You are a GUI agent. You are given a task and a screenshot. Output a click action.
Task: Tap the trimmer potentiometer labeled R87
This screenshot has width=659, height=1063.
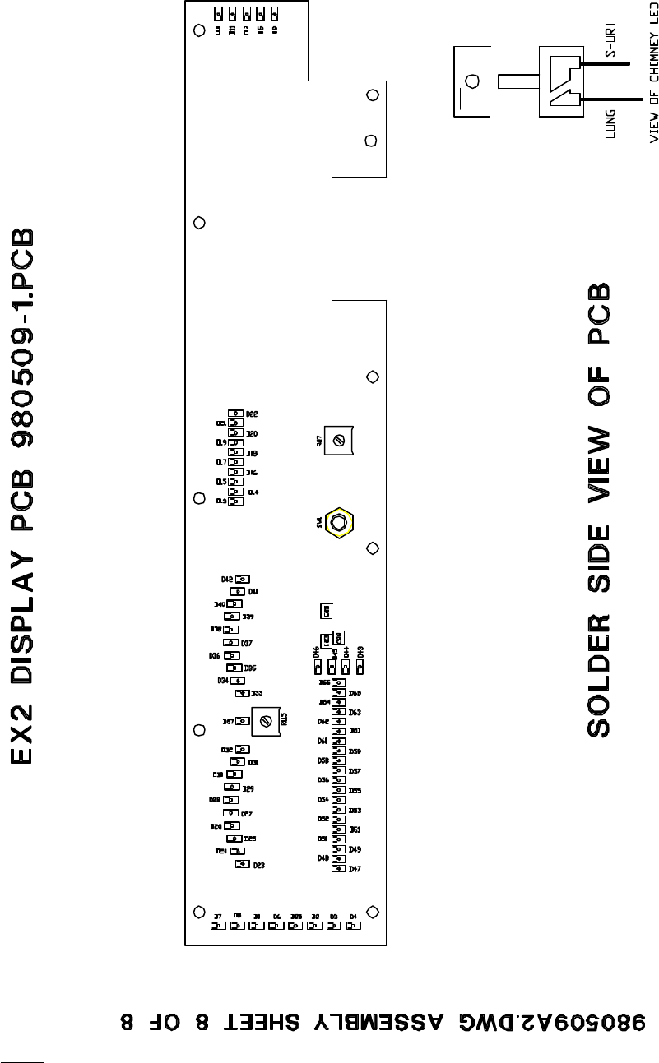pos(338,441)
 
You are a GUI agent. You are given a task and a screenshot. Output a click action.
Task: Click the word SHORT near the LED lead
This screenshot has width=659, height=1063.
pos(610,39)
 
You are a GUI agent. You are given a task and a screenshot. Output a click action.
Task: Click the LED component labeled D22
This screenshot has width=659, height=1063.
pos(235,414)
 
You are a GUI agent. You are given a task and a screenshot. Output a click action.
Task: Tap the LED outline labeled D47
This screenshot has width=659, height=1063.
pos(338,868)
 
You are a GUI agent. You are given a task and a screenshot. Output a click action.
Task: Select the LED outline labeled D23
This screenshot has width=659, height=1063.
pos(242,865)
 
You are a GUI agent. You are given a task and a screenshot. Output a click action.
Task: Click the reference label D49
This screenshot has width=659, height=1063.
pos(355,848)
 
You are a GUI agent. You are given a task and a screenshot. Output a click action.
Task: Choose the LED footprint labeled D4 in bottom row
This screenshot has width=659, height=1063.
pos(353,925)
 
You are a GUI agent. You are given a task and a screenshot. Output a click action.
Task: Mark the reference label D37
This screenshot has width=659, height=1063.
pos(246,643)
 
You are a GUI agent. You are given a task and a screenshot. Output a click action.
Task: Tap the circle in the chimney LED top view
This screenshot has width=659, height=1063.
pos(472,81)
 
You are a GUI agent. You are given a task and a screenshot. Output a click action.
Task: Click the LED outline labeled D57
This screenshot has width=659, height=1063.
pos(338,770)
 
